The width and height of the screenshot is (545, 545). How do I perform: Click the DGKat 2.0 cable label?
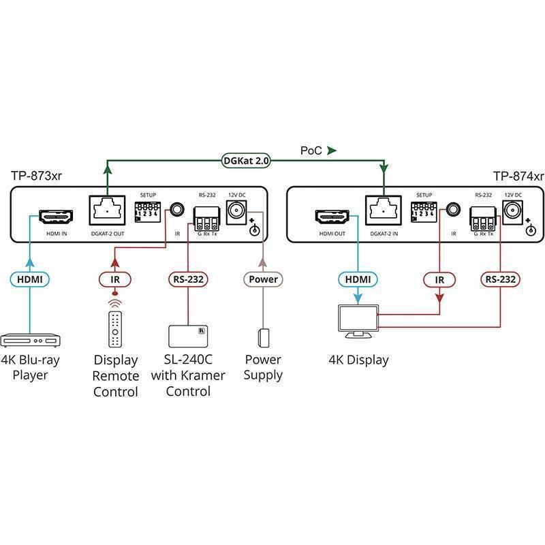pyautogui.click(x=246, y=161)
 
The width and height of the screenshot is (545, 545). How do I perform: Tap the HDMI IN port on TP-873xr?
pyautogui.click(x=56, y=216)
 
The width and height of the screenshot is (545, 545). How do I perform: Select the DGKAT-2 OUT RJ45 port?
pyautogui.click(x=107, y=211)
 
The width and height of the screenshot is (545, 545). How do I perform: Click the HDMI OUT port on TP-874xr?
pyautogui.click(x=332, y=216)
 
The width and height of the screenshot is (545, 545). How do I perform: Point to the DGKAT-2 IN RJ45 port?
pyautogui.click(x=384, y=211)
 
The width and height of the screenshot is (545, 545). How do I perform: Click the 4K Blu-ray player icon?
pyautogui.click(x=31, y=340)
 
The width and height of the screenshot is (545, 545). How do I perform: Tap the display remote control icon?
pyautogui.click(x=115, y=329)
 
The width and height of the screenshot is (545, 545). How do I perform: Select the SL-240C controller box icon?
pyautogui.click(x=188, y=336)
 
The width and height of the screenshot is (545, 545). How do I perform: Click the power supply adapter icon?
pyautogui.click(x=264, y=337)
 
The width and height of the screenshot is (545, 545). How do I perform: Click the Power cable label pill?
pyautogui.click(x=263, y=279)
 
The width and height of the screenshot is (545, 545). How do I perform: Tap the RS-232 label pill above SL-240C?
pyautogui.click(x=188, y=279)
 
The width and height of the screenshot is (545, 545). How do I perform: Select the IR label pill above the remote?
pyautogui.click(x=115, y=279)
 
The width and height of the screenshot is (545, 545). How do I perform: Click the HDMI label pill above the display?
pyautogui.click(x=358, y=279)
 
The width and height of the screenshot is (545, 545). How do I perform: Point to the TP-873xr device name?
pyautogui.click(x=36, y=176)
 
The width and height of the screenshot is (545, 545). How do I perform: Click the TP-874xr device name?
pyautogui.click(x=518, y=176)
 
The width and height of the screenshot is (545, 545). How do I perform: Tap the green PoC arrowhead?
pyautogui.click(x=332, y=151)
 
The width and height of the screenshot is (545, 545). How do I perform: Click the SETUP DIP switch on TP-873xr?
pyautogui.click(x=147, y=212)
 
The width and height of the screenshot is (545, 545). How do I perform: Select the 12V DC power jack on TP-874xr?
pyautogui.click(x=513, y=211)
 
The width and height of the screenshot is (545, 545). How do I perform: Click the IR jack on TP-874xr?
pyautogui.click(x=453, y=210)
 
